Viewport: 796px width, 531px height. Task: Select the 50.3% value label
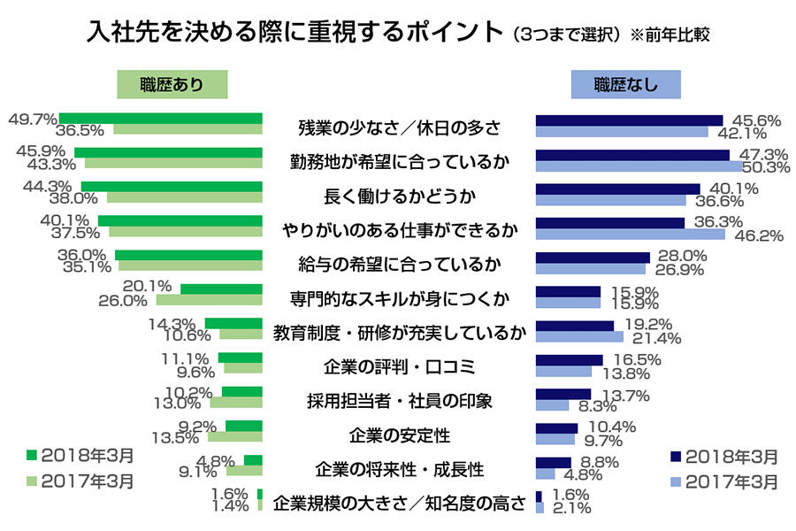point(766,166)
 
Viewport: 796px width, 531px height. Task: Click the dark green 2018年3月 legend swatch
point(33,456)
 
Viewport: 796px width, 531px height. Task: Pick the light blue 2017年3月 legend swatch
point(677,482)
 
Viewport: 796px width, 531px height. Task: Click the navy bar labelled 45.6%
point(629,119)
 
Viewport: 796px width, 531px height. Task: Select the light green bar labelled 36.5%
point(188,129)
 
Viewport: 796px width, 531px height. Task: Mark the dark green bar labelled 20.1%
point(221,289)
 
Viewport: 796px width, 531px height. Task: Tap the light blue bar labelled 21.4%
point(579,337)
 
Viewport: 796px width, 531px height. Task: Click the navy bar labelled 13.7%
point(563,394)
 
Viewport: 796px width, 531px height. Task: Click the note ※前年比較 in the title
point(670,36)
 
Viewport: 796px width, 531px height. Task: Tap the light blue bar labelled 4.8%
point(546,473)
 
